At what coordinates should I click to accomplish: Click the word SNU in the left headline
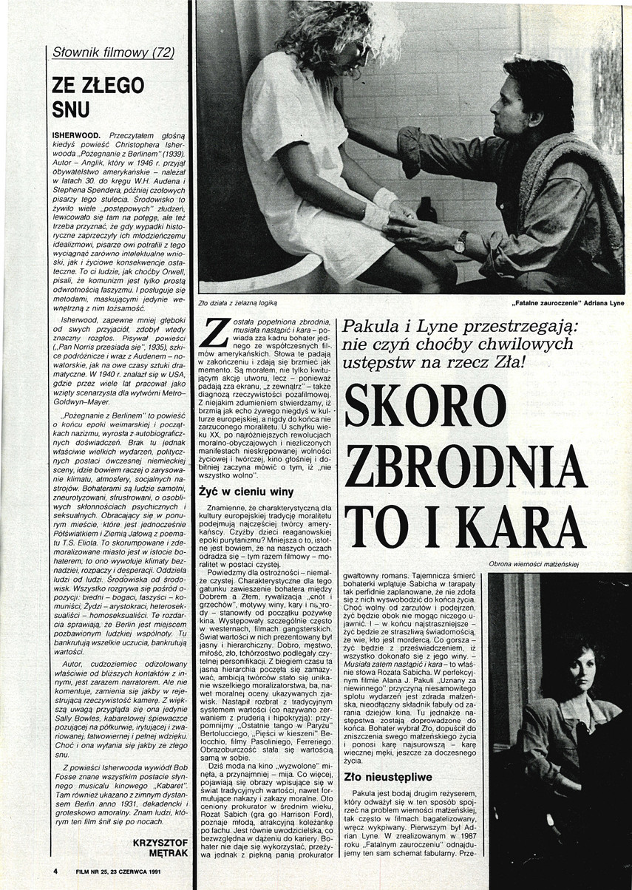71,109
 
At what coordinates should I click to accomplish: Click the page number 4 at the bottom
55,871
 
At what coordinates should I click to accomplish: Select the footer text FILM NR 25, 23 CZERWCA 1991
119,871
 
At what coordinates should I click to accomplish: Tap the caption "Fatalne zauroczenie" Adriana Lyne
567,302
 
